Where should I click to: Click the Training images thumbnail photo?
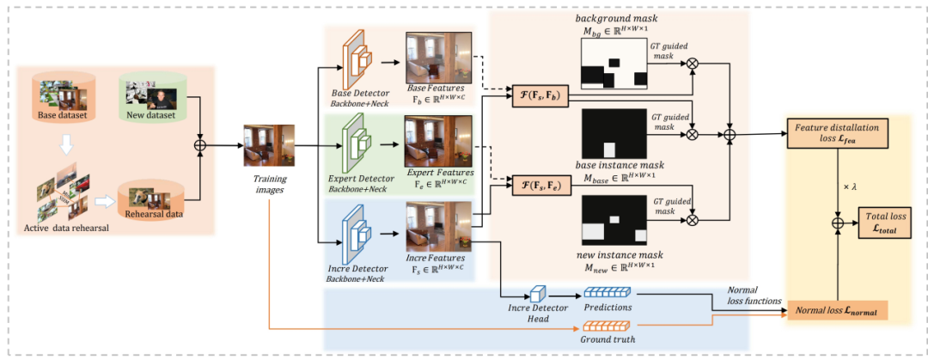pos(269,145)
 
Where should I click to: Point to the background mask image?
pos(614,65)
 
